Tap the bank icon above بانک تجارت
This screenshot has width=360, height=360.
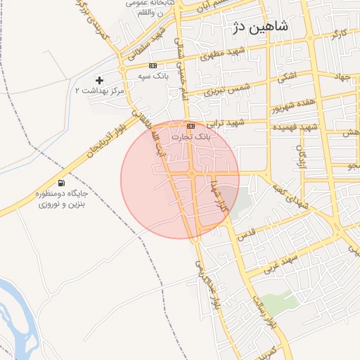[191, 125]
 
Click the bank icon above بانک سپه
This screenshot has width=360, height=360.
[153, 65]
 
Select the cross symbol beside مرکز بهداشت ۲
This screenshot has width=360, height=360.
[99, 80]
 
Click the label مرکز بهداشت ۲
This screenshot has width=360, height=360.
[99, 91]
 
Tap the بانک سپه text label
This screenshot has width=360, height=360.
[153, 75]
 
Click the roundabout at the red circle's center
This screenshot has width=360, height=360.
[191, 174]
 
